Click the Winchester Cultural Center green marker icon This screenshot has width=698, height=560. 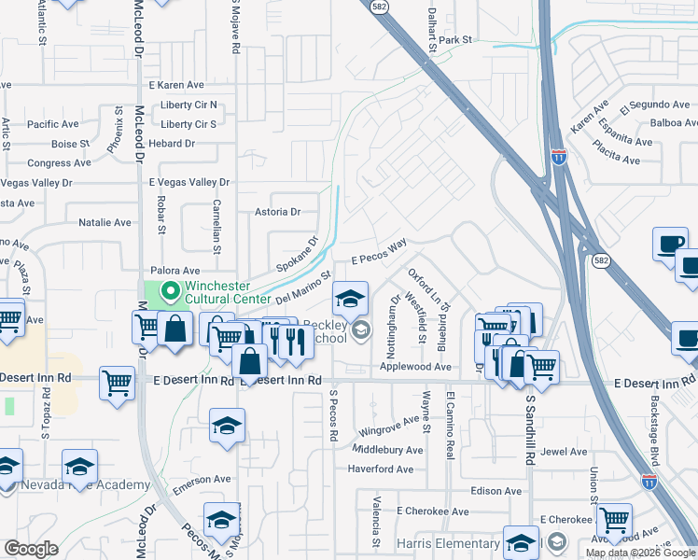[169, 292]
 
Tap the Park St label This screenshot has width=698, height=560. [456, 40]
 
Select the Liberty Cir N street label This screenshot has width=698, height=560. [188, 105]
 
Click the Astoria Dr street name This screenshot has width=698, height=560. [277, 212]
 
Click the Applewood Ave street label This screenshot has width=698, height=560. [415, 367]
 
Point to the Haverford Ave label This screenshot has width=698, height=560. [380, 469]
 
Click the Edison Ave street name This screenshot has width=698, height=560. [496, 490]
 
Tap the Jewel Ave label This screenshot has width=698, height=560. [564, 451]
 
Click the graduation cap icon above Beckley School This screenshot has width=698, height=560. [350, 300]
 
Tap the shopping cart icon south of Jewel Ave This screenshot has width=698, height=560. [614, 520]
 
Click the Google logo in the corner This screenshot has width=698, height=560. [31, 549]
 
